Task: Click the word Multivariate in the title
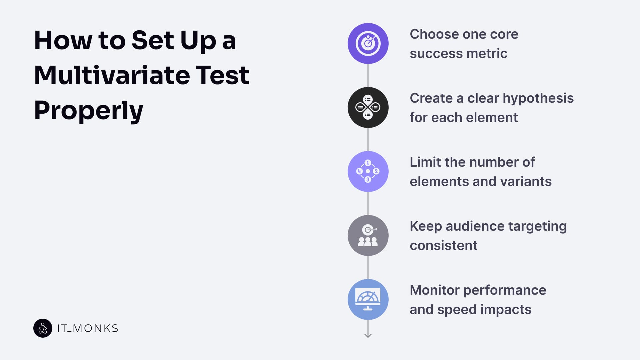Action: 112,75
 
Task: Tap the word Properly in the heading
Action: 88,111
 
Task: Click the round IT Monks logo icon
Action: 43,328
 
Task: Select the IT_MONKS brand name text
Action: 88,328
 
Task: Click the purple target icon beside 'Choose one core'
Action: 368,43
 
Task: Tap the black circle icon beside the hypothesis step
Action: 368,107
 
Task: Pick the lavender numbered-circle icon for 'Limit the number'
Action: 368,171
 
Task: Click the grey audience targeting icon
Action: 368,235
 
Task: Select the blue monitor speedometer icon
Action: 368,299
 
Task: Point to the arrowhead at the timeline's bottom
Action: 368,335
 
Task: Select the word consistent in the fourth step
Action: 443,246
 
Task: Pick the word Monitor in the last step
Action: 434,290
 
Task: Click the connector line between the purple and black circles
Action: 368,75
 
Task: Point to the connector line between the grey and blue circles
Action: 368,267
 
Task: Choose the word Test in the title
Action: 222,75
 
